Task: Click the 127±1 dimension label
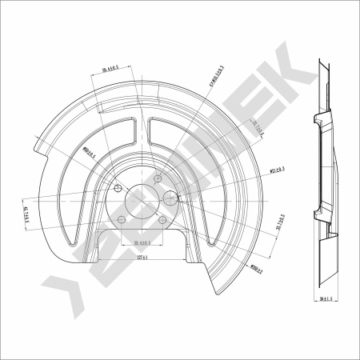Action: tap(144, 258)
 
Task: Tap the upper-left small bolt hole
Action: tap(118, 189)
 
